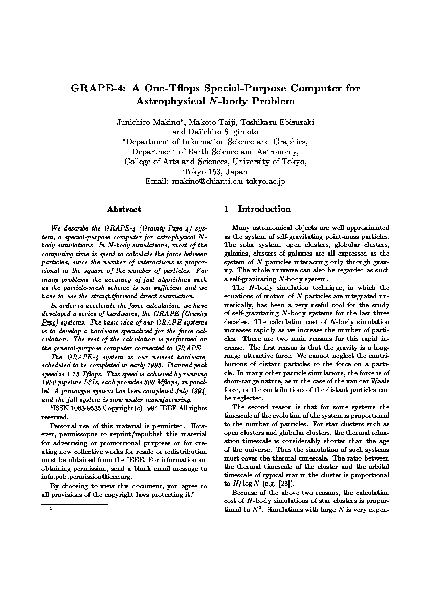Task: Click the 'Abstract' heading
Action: [x=124, y=209]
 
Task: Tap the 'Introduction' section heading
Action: [x=264, y=209]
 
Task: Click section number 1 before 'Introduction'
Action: [x=226, y=209]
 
